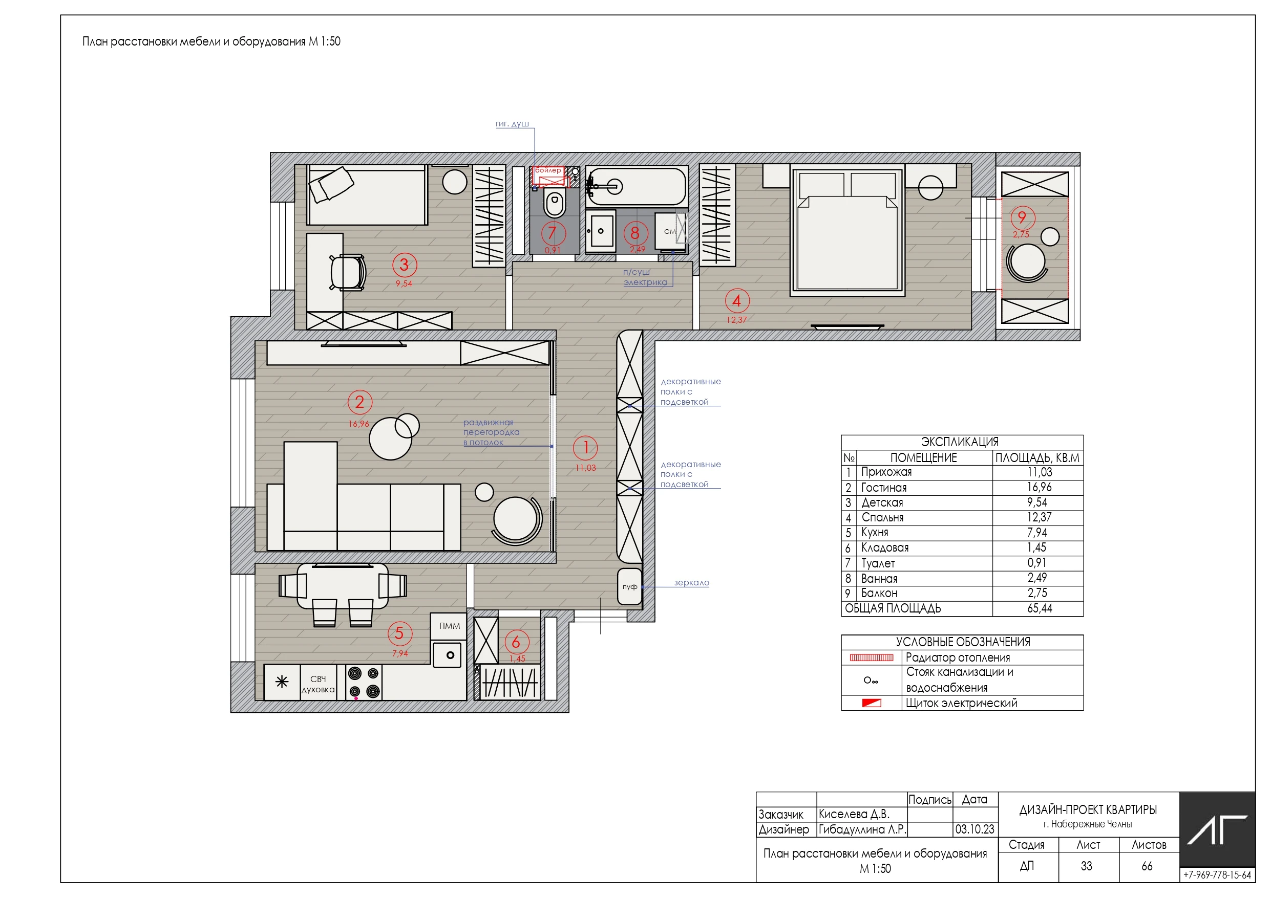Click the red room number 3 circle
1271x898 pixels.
pos(405,265)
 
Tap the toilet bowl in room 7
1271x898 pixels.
pos(555,203)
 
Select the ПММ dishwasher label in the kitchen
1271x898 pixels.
pos(450,626)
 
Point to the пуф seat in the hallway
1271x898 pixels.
pos(630,586)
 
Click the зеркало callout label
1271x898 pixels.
pos(691,583)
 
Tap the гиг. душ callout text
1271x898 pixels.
pos(512,124)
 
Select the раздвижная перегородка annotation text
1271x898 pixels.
pos(491,432)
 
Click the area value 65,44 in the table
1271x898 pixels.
pos(1040,608)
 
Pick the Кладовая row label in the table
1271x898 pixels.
pos(884,548)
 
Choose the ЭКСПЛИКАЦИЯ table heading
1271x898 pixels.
pos(959,442)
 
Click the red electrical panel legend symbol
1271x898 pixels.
pos(872,703)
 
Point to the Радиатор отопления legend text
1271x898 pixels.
pos(958,658)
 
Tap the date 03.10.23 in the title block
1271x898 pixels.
pos(975,829)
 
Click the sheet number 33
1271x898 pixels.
pos(1087,866)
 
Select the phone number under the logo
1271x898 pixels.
pos(1217,875)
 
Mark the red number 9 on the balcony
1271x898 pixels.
pos(1022,217)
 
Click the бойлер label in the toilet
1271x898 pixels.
pos(548,170)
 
